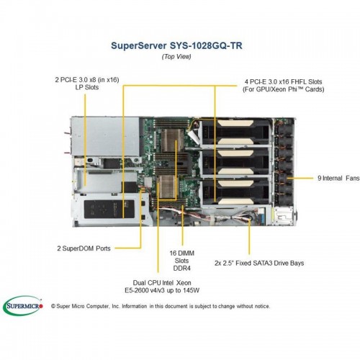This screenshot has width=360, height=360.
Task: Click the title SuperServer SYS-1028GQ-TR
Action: [x=176, y=45]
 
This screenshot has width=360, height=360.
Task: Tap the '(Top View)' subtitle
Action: [x=176, y=57]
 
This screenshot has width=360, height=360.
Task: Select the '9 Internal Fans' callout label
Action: [x=338, y=178]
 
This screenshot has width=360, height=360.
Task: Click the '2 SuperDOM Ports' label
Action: [x=84, y=248]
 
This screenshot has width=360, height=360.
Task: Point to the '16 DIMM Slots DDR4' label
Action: [x=182, y=261]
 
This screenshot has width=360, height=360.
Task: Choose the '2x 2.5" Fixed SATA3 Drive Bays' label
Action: [x=259, y=263]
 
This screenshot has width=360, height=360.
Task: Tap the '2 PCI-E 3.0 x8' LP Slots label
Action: [x=87, y=84]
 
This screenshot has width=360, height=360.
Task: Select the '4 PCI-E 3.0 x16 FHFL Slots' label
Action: [x=283, y=86]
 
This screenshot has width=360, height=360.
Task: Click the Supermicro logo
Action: [x=23, y=306]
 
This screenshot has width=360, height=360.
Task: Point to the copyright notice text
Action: [x=161, y=306]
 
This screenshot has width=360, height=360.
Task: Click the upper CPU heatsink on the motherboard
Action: [x=172, y=140]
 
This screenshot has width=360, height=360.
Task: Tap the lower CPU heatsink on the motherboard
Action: [x=167, y=186]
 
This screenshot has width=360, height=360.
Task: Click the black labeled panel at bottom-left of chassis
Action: [x=109, y=209]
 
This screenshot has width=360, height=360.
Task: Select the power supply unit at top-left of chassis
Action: [x=105, y=136]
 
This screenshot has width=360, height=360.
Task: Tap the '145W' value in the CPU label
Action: [x=191, y=290]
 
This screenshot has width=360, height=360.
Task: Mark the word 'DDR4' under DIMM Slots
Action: [x=182, y=269]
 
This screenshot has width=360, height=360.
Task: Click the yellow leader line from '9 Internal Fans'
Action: [x=300, y=178]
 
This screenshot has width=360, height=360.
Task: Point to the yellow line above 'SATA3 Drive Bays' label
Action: [x=249, y=237]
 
